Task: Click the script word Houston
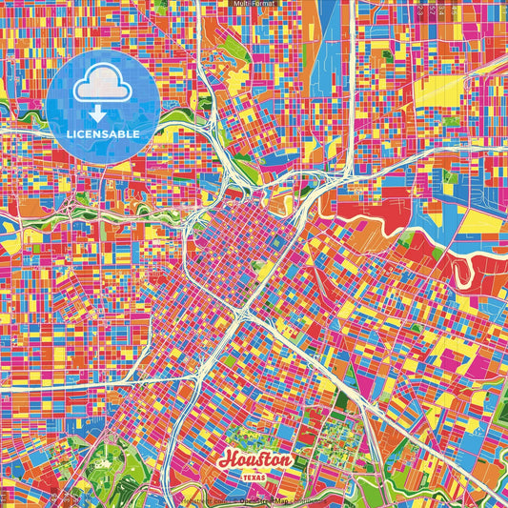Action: point(254,460)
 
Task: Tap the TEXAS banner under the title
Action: point(255,476)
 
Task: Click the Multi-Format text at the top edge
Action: point(254,4)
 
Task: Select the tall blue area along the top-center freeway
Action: point(333,48)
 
